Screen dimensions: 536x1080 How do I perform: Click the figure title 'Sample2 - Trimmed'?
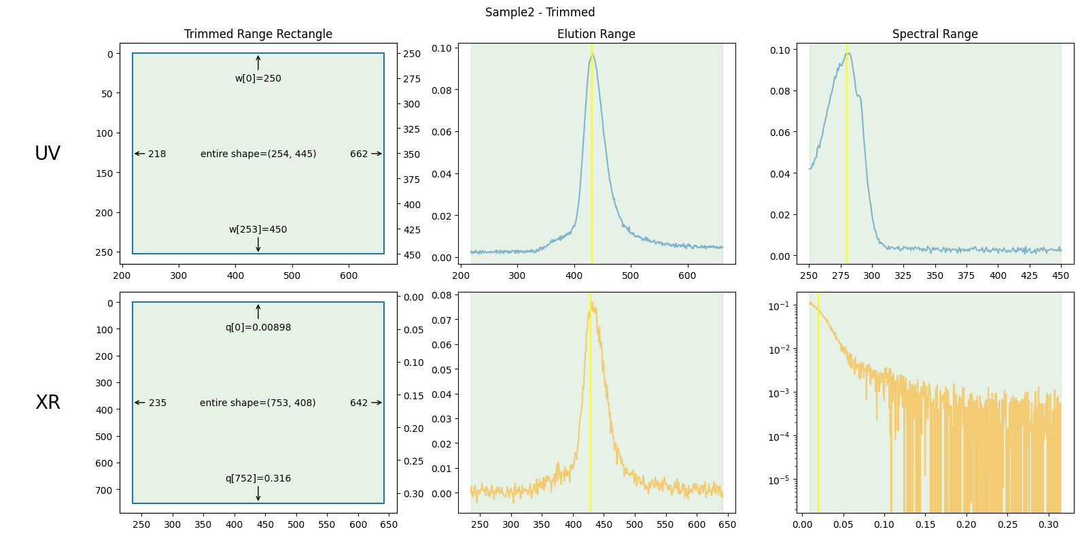click(x=540, y=12)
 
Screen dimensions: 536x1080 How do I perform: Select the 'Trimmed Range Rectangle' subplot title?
click(x=258, y=34)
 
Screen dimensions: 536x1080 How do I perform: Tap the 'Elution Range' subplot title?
click(x=596, y=34)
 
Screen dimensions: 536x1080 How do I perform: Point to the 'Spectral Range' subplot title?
click(x=935, y=34)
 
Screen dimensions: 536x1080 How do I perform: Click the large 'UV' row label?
click(x=48, y=154)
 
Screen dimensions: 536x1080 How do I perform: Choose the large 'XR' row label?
click(x=48, y=403)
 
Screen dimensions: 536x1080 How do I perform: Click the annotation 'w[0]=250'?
click(x=258, y=78)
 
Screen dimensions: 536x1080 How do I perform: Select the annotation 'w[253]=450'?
click(x=258, y=229)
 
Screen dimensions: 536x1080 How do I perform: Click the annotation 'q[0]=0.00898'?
click(x=258, y=327)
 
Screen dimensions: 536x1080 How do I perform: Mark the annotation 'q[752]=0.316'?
click(x=258, y=478)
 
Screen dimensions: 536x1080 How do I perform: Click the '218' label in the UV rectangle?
click(x=157, y=154)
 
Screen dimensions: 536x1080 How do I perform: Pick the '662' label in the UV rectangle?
click(x=359, y=154)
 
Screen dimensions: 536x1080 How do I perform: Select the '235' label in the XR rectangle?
click(x=157, y=403)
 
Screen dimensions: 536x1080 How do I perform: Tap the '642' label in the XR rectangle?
click(x=359, y=403)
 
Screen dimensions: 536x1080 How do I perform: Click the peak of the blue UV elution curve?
click(x=592, y=54)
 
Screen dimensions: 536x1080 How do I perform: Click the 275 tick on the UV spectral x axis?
click(x=841, y=275)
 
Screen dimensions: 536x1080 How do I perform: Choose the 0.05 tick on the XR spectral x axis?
click(x=843, y=524)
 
